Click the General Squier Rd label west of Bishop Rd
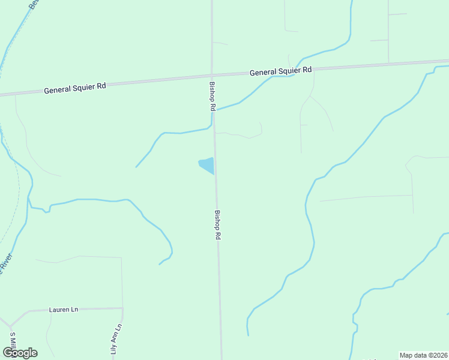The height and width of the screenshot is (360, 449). point(75,86)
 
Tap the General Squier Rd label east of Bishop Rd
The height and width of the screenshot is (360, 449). point(281,71)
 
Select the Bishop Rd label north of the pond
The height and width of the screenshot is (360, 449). point(212,97)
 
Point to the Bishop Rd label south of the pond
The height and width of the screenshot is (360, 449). point(218,225)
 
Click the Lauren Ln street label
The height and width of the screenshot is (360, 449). point(62,310)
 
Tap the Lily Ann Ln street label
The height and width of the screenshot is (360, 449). point(117,340)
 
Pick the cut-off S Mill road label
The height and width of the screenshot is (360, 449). point(12,340)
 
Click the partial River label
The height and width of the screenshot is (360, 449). point(7,265)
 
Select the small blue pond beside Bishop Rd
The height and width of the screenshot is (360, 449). point(207,165)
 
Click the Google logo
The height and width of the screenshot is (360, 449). point(20,353)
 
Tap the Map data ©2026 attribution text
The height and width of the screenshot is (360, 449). point(424,355)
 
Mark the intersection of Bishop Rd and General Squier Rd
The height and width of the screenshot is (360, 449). point(211,75)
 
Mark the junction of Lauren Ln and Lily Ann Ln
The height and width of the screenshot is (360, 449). point(122,308)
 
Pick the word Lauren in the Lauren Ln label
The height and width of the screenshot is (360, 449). point(58,310)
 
